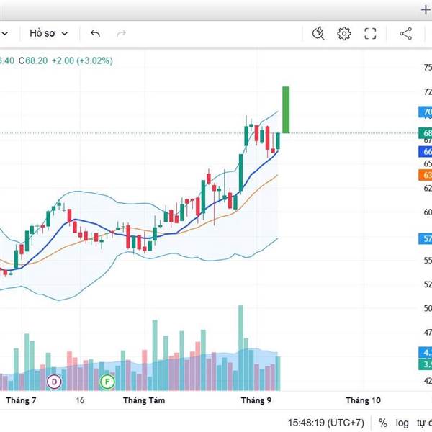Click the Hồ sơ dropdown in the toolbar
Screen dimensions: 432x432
click(x=48, y=33)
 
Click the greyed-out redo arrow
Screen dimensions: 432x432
click(x=121, y=33)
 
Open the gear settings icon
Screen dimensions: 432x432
click(x=344, y=33)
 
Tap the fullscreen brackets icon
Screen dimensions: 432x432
click(x=371, y=33)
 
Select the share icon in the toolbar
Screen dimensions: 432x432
click(x=405, y=33)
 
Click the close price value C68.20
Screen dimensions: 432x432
click(x=33, y=60)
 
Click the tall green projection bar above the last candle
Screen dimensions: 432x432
click(x=286, y=109)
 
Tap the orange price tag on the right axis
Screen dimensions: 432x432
click(x=426, y=175)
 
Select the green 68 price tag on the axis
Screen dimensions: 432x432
click(x=426, y=133)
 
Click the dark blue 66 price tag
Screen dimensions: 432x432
click(x=426, y=152)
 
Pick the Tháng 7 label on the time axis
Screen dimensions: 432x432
click(x=22, y=400)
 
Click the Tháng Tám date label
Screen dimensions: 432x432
click(x=140, y=400)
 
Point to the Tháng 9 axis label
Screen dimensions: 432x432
click(x=256, y=400)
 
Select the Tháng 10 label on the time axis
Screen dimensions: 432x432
click(x=363, y=400)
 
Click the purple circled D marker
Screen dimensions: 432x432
click(x=53, y=381)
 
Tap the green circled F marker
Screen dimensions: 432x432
click(x=107, y=381)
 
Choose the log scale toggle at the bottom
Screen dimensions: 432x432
click(x=402, y=423)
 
